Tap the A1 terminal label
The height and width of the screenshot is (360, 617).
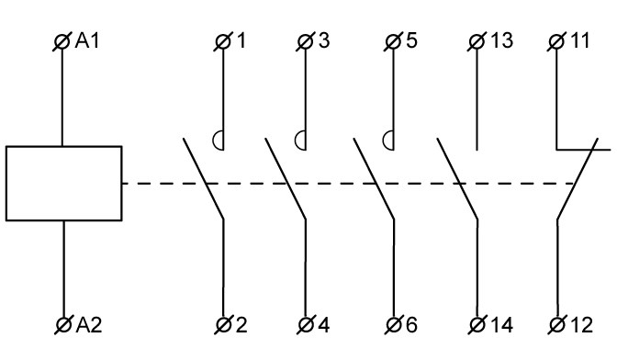[87, 41]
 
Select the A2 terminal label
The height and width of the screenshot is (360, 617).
[89, 325]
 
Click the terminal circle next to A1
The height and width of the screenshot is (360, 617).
[62, 41]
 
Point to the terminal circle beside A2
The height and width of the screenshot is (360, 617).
[63, 325]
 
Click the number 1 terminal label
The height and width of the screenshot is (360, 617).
[241, 41]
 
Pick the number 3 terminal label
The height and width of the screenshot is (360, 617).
[324, 41]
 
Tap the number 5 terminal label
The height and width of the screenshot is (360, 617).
[411, 41]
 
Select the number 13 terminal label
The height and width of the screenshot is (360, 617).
[501, 41]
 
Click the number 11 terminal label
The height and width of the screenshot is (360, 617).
[579, 41]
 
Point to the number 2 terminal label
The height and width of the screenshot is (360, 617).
[241, 325]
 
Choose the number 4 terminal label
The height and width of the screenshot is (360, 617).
[323, 325]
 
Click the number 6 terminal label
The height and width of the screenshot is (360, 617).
[411, 325]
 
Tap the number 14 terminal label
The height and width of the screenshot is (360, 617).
[501, 325]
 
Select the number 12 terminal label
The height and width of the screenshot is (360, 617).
[581, 325]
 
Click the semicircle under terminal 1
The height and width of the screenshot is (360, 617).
[214, 141]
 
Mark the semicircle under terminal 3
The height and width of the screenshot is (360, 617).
[296, 141]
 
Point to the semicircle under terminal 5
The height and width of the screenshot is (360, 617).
[384, 141]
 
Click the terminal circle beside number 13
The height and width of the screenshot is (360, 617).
[477, 41]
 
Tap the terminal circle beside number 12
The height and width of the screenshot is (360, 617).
[556, 325]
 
